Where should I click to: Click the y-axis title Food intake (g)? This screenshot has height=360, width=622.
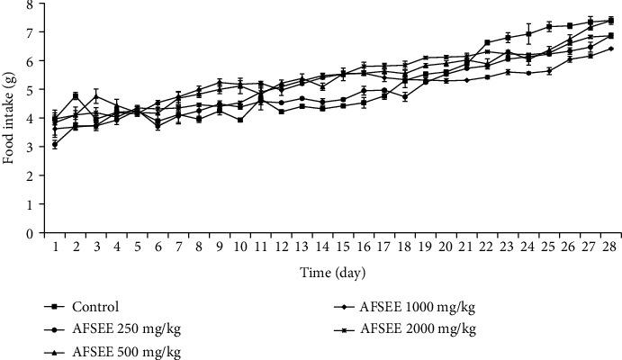9,119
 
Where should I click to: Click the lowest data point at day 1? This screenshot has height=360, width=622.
55,144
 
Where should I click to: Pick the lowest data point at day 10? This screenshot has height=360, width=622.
239,120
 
